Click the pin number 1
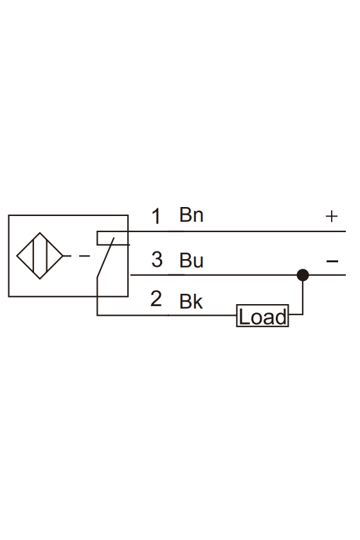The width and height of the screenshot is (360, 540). coord(156,216)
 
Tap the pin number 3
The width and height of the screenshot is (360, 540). coord(157,260)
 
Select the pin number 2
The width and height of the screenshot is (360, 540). coord(156,298)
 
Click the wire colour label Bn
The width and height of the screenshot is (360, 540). coord(191,215)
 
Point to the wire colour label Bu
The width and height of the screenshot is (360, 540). coord(191,260)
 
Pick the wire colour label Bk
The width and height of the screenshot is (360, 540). coord(191,301)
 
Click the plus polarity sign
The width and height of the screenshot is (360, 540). coord(332,216)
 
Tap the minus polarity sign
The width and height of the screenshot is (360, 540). coord(332,261)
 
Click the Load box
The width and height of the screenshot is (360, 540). coord(262,316)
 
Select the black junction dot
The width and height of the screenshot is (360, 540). coord(303,275)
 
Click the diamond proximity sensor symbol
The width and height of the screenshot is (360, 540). coord(40,256)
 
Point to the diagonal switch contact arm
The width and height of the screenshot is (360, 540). coord(105,257)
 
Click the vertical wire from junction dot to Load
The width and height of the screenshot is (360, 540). coord(303,295)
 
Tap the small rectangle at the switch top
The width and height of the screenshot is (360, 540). coord(113,238)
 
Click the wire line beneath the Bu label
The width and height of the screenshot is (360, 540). coord(213,275)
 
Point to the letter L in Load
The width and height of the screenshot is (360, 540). coord(244,317)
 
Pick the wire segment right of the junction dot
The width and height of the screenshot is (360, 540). coord(327,275)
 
